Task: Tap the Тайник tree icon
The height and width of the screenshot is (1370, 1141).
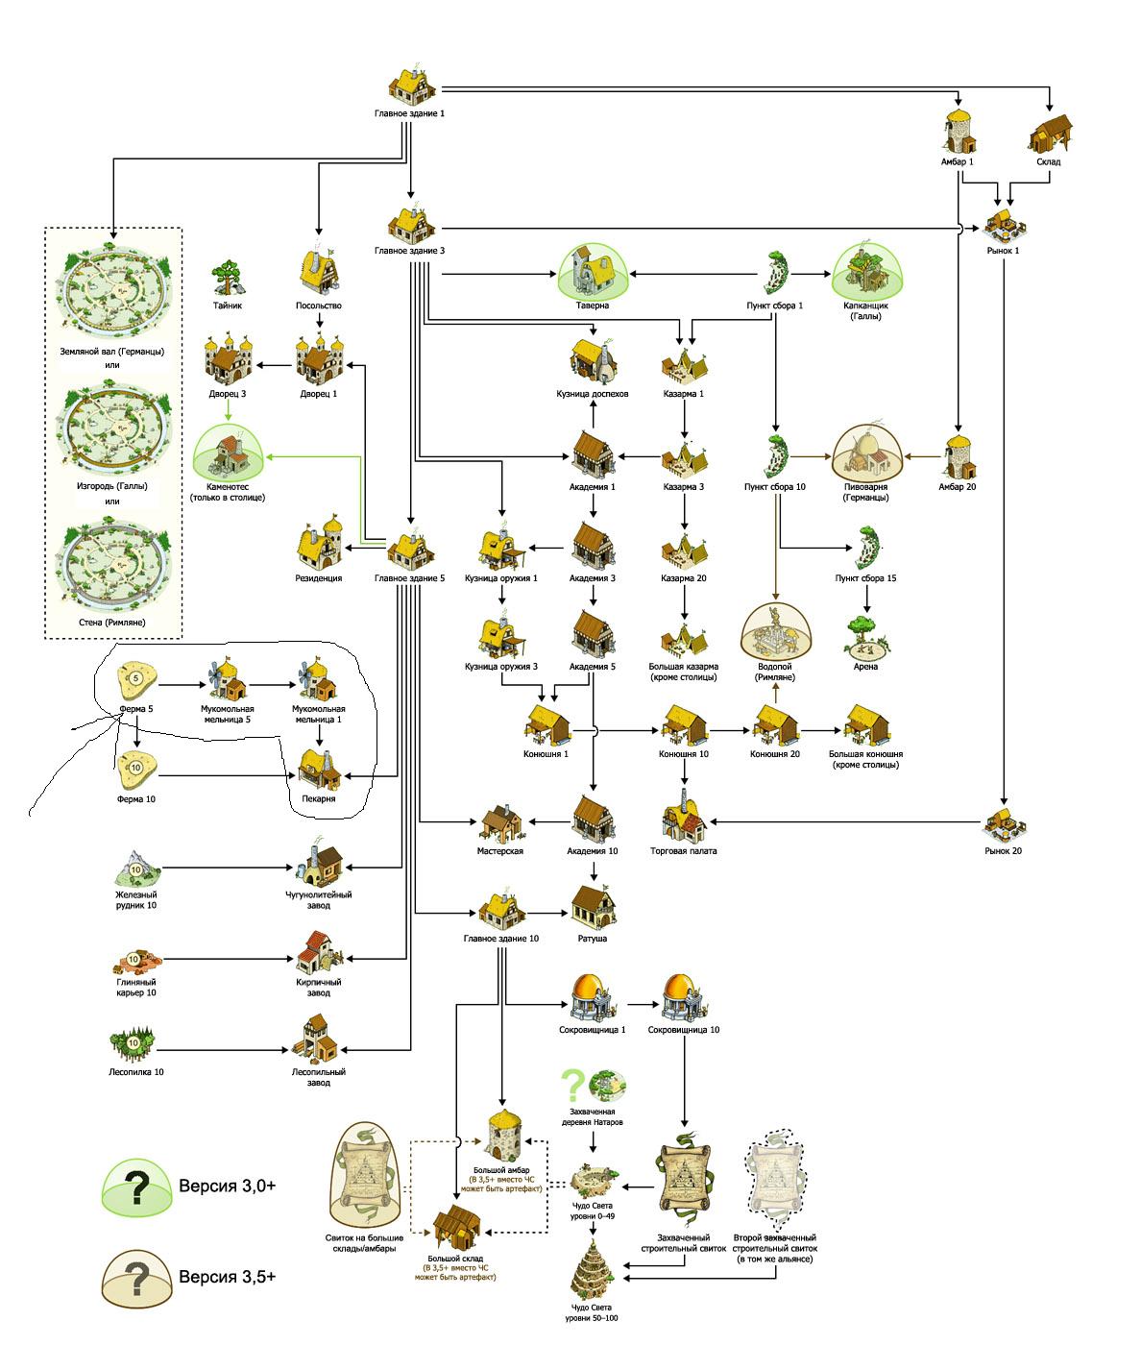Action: pos(228,277)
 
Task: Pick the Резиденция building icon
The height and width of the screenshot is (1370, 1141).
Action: pos(319,545)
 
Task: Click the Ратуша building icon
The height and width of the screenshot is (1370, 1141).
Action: pos(593,906)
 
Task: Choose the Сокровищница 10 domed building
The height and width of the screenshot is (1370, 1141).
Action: pos(684,1000)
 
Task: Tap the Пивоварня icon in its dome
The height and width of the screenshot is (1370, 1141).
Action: pos(866,452)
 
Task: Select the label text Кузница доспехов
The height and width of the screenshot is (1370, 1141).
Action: pos(593,394)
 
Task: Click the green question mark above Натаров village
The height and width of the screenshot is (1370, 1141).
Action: pos(573,1085)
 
